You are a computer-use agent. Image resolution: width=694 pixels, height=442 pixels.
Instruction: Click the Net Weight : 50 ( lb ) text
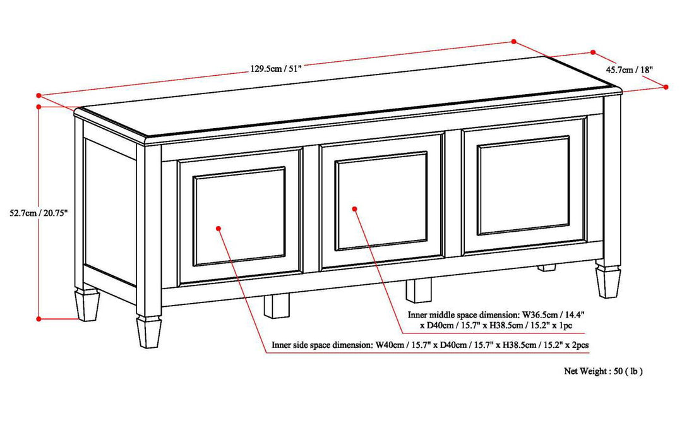tap(603, 371)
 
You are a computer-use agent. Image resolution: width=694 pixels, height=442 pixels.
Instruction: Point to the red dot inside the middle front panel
tap(356, 208)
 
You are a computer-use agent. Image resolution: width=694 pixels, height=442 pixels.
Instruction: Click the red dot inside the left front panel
tap(218, 228)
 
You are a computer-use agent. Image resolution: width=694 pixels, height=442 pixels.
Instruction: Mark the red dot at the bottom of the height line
tap(39, 319)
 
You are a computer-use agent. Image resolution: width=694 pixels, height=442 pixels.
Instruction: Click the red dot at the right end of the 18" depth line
tap(667, 87)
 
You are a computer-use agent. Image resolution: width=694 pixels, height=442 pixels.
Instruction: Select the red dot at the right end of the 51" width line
tap(514, 42)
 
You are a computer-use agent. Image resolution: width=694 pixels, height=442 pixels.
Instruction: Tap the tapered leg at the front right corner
tap(609, 280)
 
